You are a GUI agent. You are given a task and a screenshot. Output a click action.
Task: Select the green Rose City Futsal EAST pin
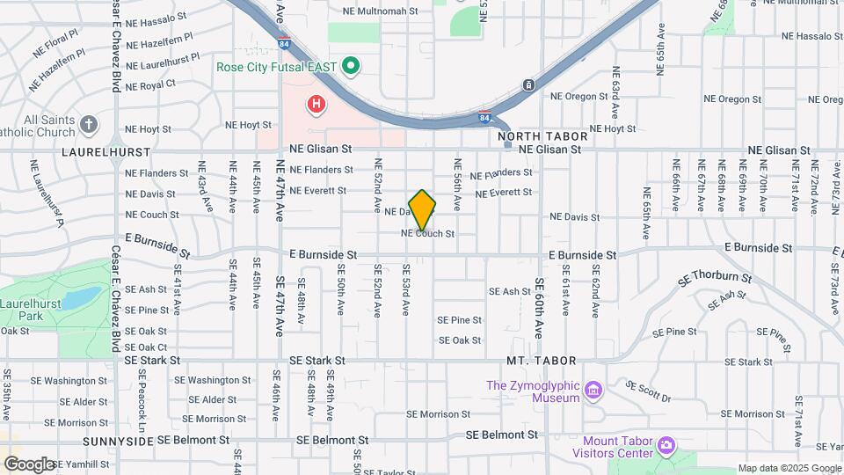pyautogui.click(x=351, y=66)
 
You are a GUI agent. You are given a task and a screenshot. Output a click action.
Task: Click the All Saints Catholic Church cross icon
pyautogui.click(x=88, y=125)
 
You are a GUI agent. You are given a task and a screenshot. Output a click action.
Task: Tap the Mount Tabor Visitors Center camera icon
pyautogui.click(x=666, y=446)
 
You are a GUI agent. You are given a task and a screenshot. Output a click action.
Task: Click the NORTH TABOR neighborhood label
pyautogui.click(x=542, y=136)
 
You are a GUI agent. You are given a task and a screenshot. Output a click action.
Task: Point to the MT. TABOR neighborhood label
pyautogui.click(x=541, y=361)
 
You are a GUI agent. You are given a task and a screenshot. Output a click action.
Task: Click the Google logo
pyautogui.click(x=29, y=464)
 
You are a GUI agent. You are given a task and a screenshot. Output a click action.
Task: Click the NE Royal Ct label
pyautogui.click(x=150, y=84)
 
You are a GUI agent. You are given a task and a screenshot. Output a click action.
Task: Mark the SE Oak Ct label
pyautogui.click(x=146, y=347)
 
